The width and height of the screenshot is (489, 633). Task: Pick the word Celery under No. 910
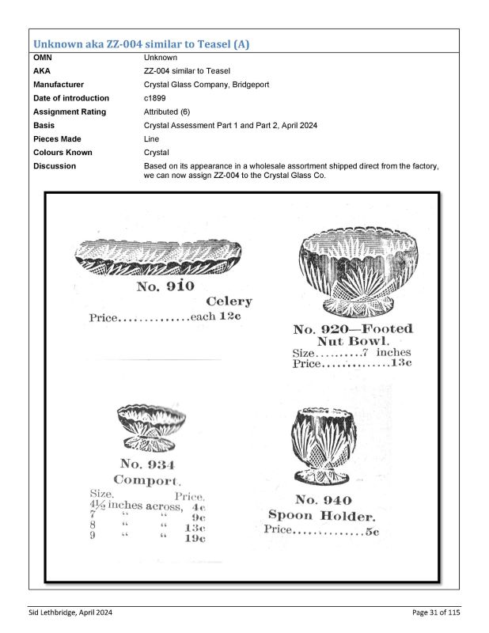coord(229,301)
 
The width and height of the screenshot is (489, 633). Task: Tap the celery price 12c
coord(229,317)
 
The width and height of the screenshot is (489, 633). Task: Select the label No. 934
coord(148,464)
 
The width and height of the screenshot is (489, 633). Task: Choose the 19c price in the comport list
coord(193,539)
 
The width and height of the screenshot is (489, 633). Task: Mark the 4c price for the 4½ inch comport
coord(199,506)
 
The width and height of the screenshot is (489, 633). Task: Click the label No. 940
coord(323,500)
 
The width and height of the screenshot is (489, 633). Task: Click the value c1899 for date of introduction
coord(155,98)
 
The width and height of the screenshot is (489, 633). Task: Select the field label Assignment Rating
coord(70,112)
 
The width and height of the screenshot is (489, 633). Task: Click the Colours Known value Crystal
coord(157,152)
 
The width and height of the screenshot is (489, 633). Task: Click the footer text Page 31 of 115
coord(436,613)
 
